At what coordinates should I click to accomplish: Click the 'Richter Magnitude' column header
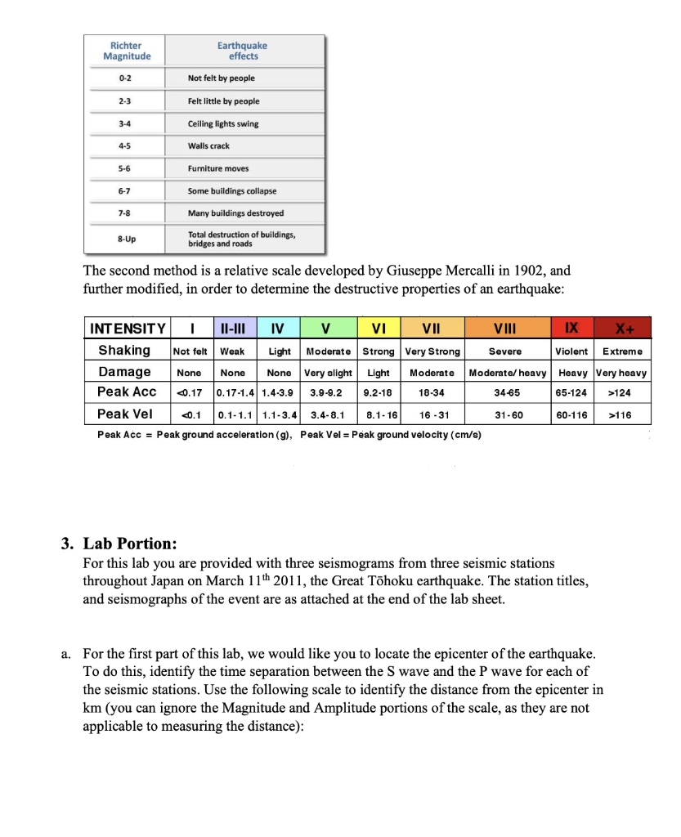[127, 51]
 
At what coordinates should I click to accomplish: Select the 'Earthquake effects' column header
[242, 51]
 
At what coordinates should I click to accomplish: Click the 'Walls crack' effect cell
[209, 145]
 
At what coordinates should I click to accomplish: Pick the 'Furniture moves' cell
[218, 168]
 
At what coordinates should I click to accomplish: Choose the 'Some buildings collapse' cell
[232, 190]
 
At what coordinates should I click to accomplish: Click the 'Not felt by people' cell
[222, 78]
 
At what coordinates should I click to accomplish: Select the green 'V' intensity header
[326, 329]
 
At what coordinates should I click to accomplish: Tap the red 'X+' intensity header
[622, 329]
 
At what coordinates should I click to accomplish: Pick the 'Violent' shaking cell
[571, 351]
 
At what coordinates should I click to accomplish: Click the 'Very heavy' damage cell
[622, 373]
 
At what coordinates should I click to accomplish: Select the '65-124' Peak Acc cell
[571, 393]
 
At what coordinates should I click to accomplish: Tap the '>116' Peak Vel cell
[622, 414]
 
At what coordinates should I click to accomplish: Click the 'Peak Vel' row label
[125, 414]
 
